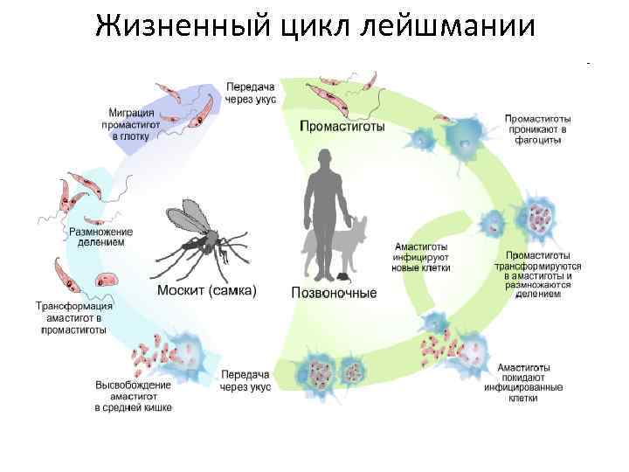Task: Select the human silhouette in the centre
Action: click(325, 201)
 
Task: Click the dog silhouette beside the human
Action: click(353, 245)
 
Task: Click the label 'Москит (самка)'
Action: click(207, 291)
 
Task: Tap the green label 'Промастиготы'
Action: click(342, 126)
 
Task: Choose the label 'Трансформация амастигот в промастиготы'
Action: click(73, 318)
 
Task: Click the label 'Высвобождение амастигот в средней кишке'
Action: click(133, 396)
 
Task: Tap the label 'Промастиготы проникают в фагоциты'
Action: click(538, 128)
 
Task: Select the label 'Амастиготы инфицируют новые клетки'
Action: click(423, 257)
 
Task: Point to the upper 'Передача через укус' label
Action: click(250, 94)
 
